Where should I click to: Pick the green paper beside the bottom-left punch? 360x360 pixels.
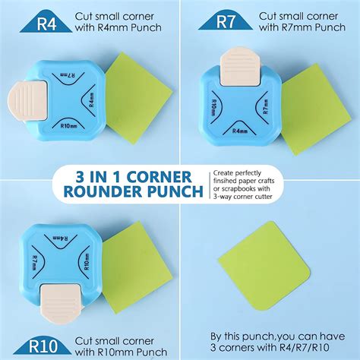[x=132, y=258]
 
